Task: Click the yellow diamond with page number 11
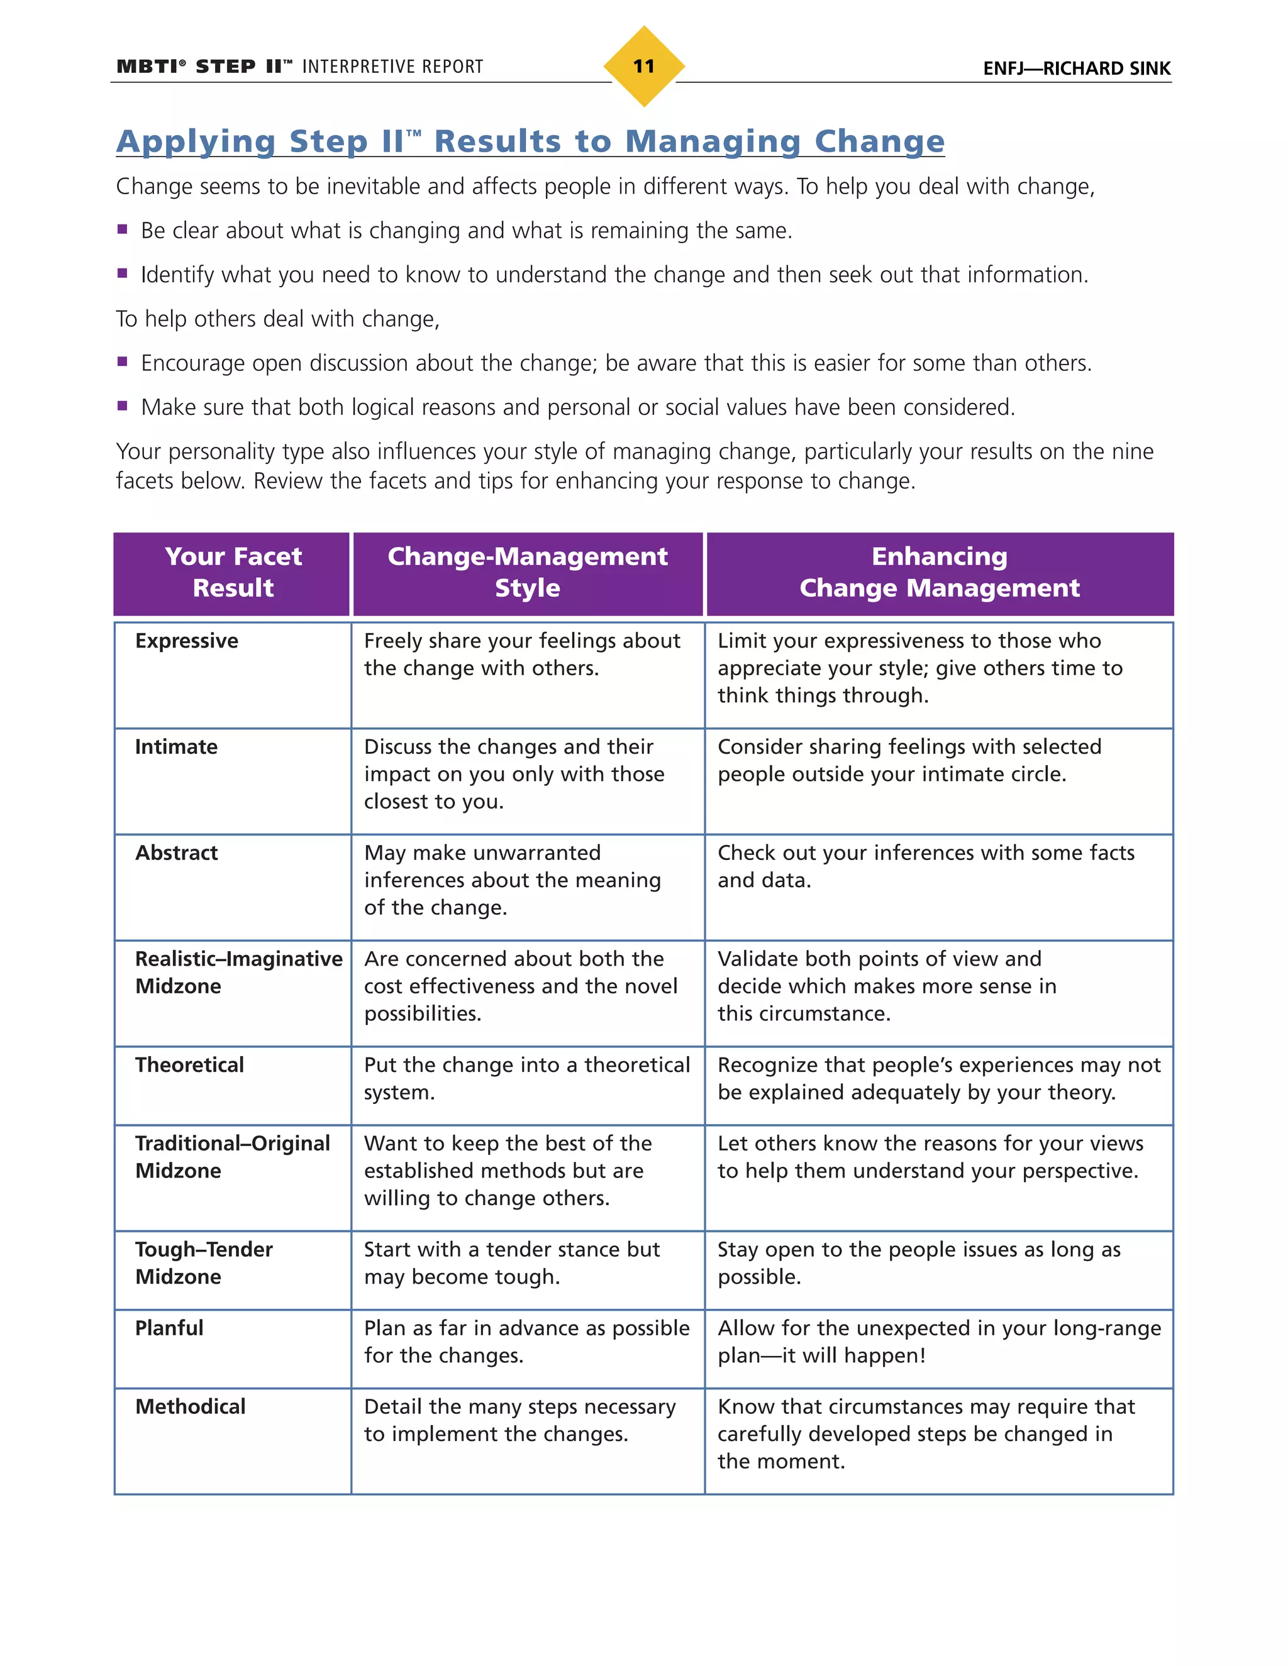point(643,67)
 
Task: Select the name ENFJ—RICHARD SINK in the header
point(1076,69)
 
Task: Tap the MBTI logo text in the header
point(150,67)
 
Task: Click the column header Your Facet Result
point(233,572)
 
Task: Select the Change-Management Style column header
point(527,572)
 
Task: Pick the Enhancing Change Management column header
point(940,572)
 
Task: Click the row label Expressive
point(187,641)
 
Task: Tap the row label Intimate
point(176,747)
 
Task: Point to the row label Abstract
point(176,853)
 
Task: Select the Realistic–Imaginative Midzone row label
point(238,973)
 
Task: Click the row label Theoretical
point(189,1065)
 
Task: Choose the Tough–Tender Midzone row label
point(204,1263)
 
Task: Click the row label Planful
point(169,1328)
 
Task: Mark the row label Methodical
point(190,1406)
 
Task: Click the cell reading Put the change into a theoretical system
point(526,1079)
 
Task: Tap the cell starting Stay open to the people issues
point(918,1263)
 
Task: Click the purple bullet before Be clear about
point(122,229)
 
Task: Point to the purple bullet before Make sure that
point(122,406)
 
